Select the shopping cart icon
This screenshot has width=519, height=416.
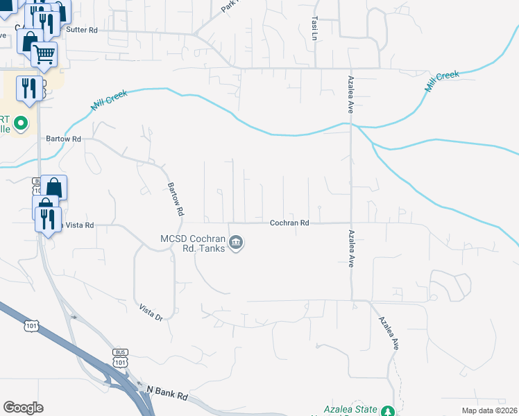tap(44, 53)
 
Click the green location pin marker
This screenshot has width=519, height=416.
tap(22, 124)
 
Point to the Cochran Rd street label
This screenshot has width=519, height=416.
tap(289, 223)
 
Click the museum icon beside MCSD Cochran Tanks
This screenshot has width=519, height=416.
tap(236, 243)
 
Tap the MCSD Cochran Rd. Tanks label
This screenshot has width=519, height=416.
tap(193, 243)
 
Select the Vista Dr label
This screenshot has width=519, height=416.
tap(151, 313)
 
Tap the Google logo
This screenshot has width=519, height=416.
tap(24, 408)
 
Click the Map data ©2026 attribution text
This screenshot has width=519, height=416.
tap(489, 410)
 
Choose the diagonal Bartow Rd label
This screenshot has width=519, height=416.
tap(176, 198)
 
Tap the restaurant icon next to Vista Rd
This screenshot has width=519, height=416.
tap(48, 219)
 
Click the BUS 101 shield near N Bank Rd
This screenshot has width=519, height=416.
tap(120, 358)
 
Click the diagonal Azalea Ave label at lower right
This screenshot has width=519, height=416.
tap(388, 333)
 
